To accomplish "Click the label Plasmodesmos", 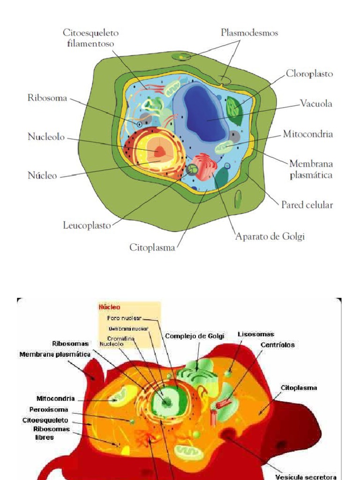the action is coord(249,33).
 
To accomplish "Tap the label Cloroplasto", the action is coord(309,74).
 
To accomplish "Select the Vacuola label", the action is coord(316,104).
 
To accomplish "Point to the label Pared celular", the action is coord(307,205).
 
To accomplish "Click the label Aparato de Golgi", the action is coord(270,237).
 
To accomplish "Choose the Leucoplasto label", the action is coord(87,225).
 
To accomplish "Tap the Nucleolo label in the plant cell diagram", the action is coord(45,137).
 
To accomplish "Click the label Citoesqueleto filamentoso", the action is coord(90,38).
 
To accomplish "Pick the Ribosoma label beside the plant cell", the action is coord(47,98).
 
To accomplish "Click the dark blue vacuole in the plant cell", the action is coord(202,112).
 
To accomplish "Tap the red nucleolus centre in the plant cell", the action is coord(160,151).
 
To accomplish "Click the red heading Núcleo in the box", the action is coord(109,307).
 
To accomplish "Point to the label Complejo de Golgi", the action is coord(195,336).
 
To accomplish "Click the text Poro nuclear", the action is coord(125,318).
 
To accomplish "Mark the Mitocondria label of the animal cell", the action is coord(55,399).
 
